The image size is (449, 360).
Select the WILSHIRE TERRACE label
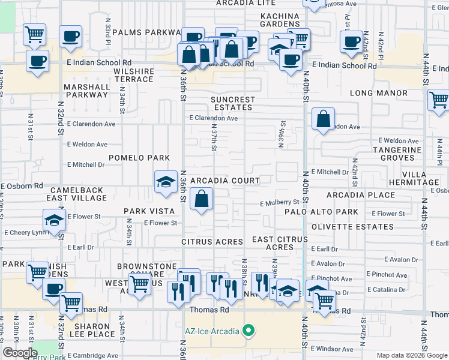(x=134, y=75)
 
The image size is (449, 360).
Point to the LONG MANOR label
(x=378, y=93)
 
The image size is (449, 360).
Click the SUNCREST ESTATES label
(x=233, y=103)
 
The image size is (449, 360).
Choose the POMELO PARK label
(x=139, y=158)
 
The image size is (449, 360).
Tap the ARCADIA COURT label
(x=225, y=181)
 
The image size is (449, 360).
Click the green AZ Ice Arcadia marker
(x=247, y=331)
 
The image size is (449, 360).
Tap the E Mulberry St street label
(x=280, y=203)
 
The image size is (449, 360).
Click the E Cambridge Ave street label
(x=93, y=355)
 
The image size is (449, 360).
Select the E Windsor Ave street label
(x=333, y=349)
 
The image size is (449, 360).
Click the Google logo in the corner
(x=20, y=353)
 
